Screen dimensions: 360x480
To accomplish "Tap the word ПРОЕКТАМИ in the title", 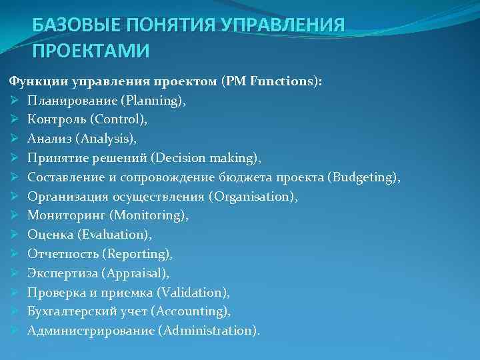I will point(91,51).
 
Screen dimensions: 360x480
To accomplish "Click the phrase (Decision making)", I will point(206,158).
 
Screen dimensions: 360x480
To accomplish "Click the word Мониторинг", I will point(66,215).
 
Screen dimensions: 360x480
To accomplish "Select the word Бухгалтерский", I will point(69,311).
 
